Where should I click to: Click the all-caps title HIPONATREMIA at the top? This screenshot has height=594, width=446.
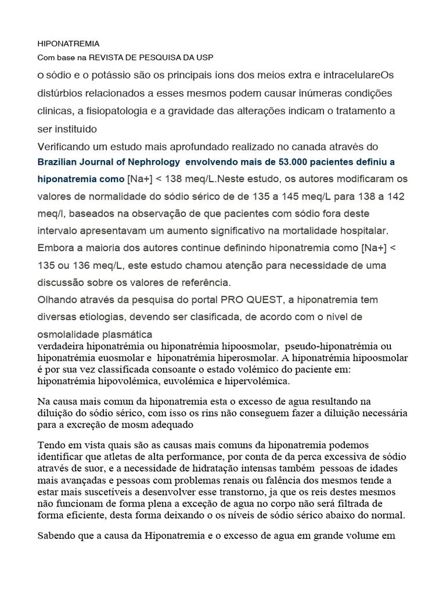click(x=69, y=44)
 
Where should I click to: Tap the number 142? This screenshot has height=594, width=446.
click(x=395, y=197)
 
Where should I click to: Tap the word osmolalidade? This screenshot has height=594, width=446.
click(x=65, y=334)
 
